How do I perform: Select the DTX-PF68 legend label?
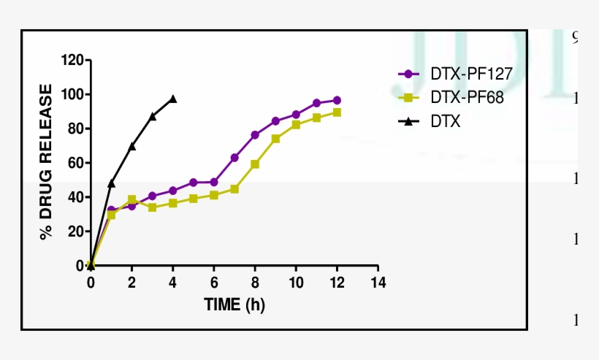pyautogui.click(x=451, y=97)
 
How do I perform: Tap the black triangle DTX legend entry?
pyautogui.click(x=431, y=121)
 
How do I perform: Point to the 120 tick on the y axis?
pyautogui.click(x=73, y=60)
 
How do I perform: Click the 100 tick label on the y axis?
pyautogui.click(x=73, y=94)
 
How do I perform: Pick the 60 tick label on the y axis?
pyautogui.click(x=76, y=163)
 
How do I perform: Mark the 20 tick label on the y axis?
pyautogui.click(x=76, y=231)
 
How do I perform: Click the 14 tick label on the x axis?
pyautogui.click(x=378, y=282)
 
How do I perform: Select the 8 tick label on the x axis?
pyautogui.click(x=255, y=282)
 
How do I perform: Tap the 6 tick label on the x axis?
pyautogui.click(x=214, y=282)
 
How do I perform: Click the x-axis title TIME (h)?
pyautogui.click(x=234, y=305)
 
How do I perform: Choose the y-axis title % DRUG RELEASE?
pyautogui.click(x=47, y=162)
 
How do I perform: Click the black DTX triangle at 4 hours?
pyautogui.click(x=173, y=99)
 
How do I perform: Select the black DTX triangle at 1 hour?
pyautogui.click(x=111, y=183)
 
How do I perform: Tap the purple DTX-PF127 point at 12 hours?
pyautogui.click(x=337, y=101)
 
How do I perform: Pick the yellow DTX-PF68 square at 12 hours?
pyautogui.click(x=337, y=112)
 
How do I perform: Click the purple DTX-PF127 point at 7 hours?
pyautogui.click(x=234, y=158)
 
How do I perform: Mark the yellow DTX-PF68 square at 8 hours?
pyautogui.click(x=255, y=164)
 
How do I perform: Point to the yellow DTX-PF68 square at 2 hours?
pyautogui.click(x=132, y=199)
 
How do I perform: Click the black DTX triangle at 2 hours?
pyautogui.click(x=132, y=146)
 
